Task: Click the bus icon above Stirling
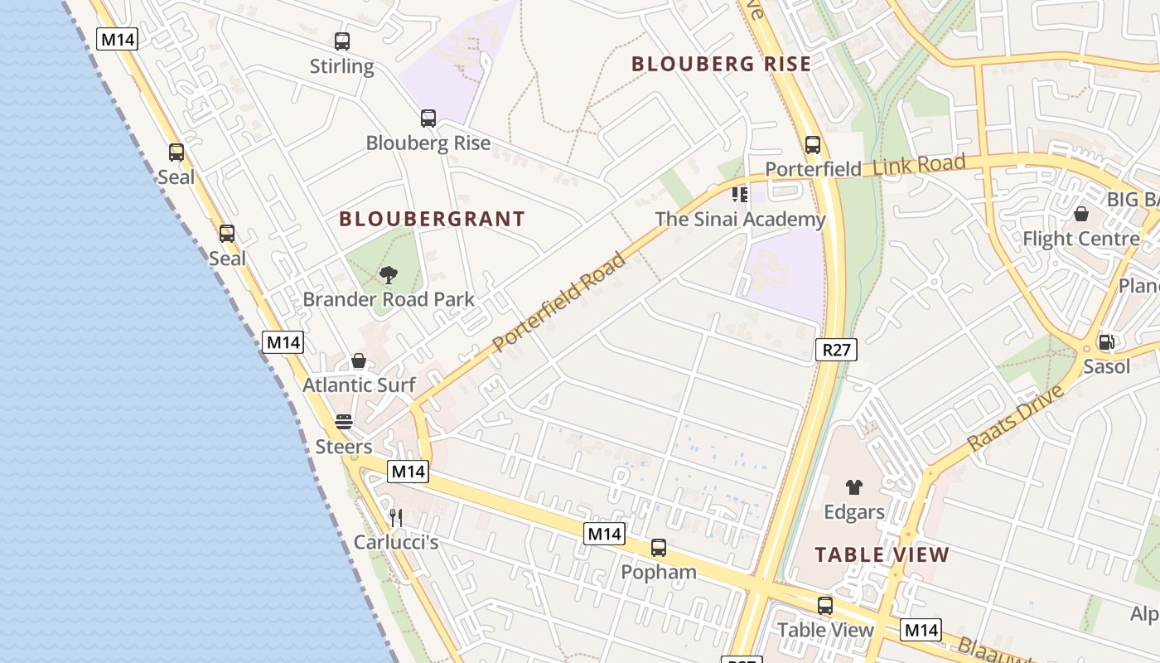[341, 41]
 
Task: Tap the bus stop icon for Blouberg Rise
[428, 119]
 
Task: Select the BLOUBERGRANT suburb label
[432, 219]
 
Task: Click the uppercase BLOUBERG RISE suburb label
[721, 64]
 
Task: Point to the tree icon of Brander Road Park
[388, 275]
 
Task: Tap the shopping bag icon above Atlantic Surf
[359, 361]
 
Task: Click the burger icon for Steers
[344, 422]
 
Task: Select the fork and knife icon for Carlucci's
[396, 518]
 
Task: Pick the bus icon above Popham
[658, 548]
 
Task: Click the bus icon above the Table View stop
[824, 605]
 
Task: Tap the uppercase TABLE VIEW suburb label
[882, 554]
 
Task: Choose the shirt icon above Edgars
[853, 487]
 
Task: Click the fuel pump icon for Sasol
[1105, 341]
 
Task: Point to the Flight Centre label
[1080, 239]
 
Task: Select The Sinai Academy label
[740, 219]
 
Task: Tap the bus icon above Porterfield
[812, 145]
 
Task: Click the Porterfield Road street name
[558, 302]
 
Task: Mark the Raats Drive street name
[1015, 418]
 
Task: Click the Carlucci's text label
[395, 542]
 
